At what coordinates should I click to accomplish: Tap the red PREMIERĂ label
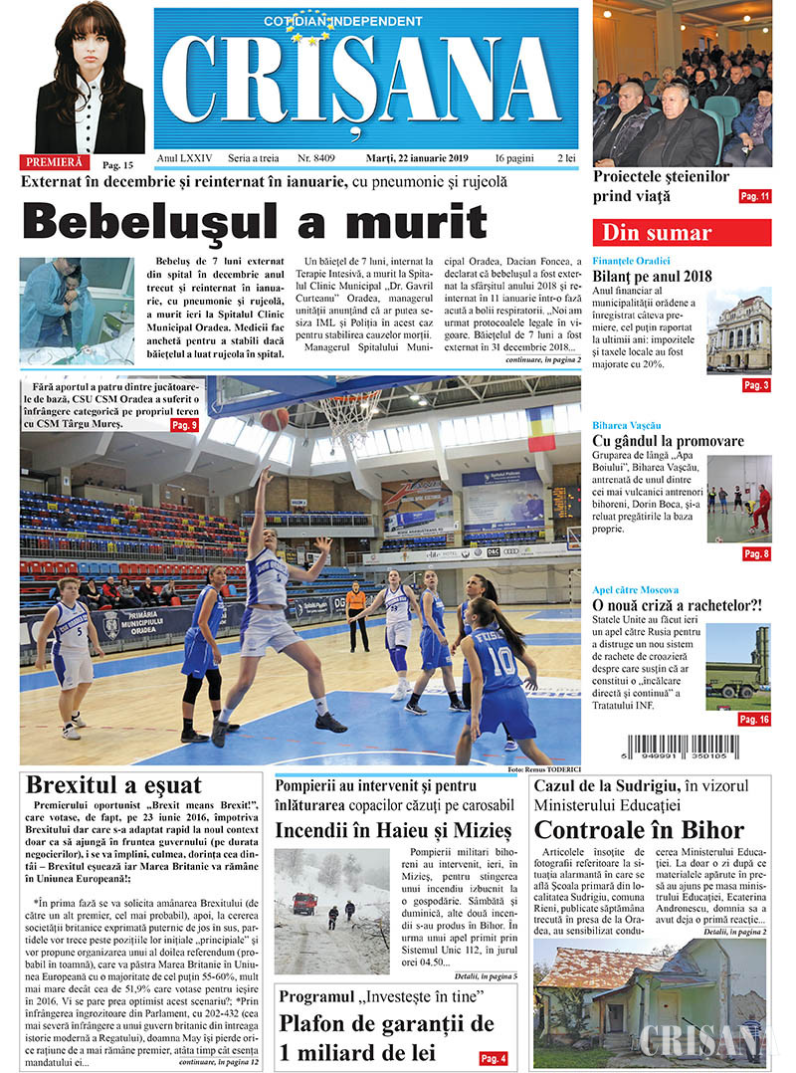pyautogui.click(x=54, y=161)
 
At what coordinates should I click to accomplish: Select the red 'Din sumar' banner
pyautogui.click(x=682, y=233)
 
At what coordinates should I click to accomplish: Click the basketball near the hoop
pyautogui.click(x=276, y=418)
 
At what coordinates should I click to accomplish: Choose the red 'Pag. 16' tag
pyautogui.click(x=754, y=719)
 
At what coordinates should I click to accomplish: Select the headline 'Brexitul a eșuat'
pyautogui.click(x=113, y=784)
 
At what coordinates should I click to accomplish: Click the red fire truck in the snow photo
pyautogui.click(x=303, y=903)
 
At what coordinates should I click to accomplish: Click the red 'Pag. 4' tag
pyautogui.click(x=493, y=1058)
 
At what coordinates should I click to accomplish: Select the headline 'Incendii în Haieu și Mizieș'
pyautogui.click(x=393, y=829)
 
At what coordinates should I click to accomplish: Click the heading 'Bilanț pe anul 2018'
pyautogui.click(x=652, y=276)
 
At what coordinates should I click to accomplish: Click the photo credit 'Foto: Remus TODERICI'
pyautogui.click(x=543, y=770)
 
